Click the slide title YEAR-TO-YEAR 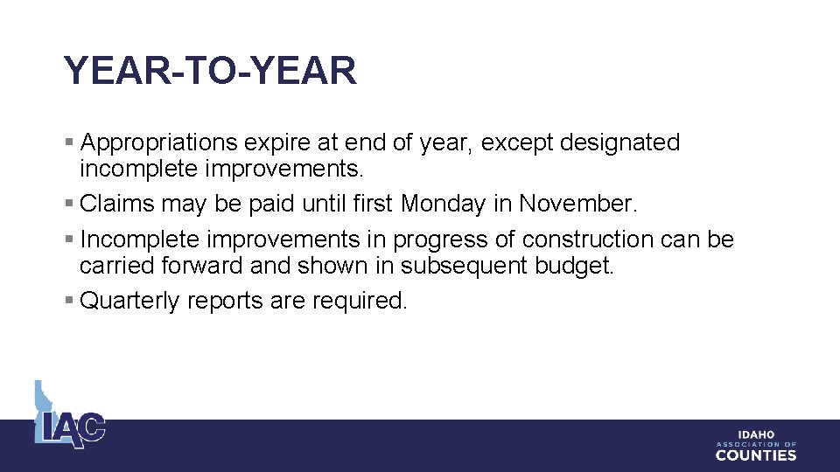point(210,71)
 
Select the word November point(578,205)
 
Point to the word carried point(112,266)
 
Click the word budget point(575,266)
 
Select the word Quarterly point(129,302)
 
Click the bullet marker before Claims point(69,205)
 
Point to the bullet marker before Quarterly point(69,302)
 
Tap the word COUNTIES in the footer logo point(756,455)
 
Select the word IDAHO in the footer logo point(756,435)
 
